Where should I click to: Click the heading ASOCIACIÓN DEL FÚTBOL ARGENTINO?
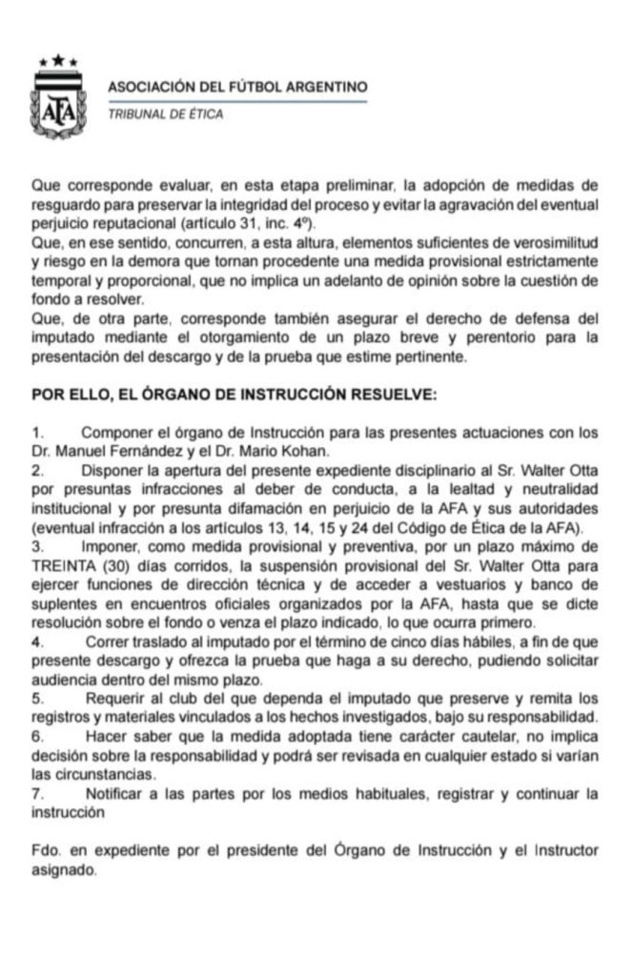click(x=237, y=87)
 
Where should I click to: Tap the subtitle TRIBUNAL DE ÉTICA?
click(x=166, y=115)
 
